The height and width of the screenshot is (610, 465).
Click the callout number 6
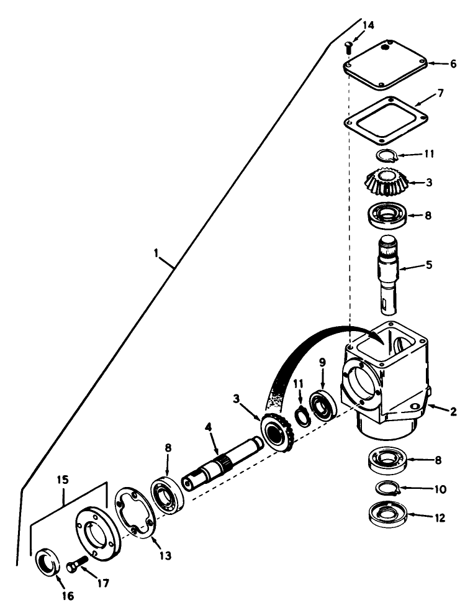(454, 63)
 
